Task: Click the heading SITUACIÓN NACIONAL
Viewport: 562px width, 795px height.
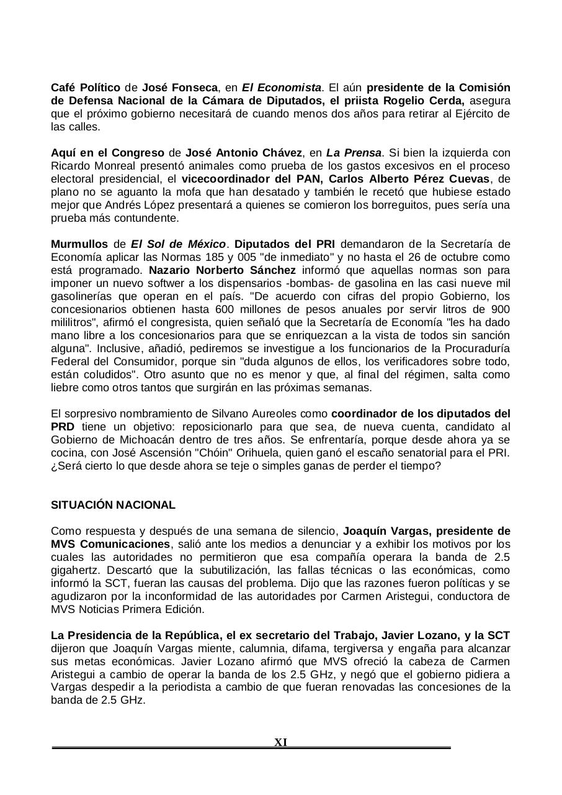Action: (113, 505)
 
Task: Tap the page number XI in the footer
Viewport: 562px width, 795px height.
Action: (280, 742)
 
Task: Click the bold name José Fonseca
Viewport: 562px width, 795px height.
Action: (180, 88)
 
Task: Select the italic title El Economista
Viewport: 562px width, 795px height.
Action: (282, 88)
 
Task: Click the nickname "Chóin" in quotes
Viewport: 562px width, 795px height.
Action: (264, 453)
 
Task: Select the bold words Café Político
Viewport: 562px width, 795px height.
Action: (86, 88)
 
